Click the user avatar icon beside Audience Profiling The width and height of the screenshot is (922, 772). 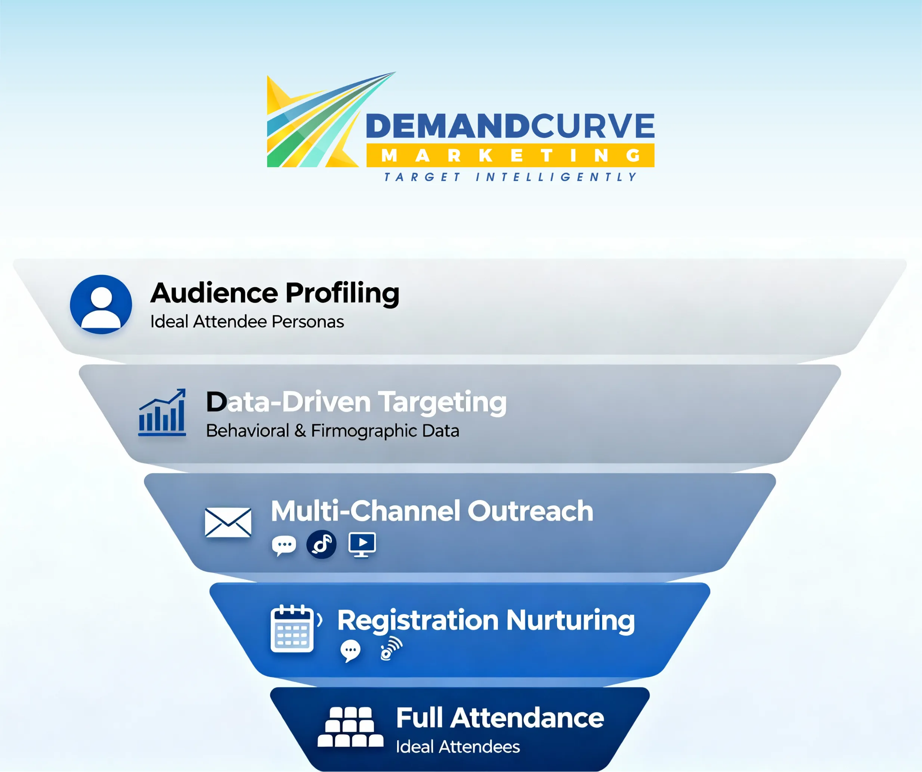[101, 304]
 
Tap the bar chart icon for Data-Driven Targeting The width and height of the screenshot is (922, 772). [162, 412]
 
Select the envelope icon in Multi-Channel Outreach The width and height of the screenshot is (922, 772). [228, 522]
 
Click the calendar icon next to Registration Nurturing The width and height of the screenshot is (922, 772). [293, 629]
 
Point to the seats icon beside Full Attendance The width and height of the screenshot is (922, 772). [350, 727]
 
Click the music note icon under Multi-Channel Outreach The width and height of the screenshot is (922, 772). [322, 544]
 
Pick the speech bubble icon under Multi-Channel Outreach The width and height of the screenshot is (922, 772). [284, 546]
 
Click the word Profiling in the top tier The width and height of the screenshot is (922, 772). [343, 293]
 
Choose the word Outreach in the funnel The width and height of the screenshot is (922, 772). [530, 511]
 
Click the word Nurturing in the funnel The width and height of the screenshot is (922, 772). [570, 621]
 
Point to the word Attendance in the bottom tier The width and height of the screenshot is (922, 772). [527, 718]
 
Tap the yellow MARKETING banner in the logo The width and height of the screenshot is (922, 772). [510, 155]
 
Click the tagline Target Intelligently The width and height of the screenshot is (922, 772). [510, 177]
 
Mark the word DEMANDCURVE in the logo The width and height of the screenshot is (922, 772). [510, 126]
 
